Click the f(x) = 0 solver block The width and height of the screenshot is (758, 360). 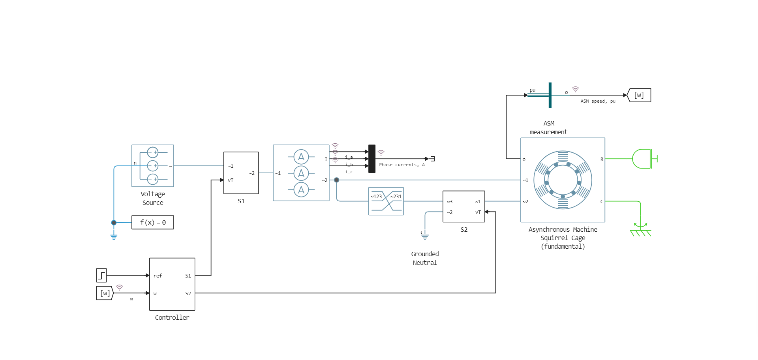[x=152, y=222]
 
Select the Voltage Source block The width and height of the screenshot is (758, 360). [x=152, y=166]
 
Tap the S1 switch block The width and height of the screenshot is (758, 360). [x=241, y=173]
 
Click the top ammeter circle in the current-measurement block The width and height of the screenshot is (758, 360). [x=301, y=157]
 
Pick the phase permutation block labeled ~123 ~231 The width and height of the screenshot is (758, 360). [x=386, y=201]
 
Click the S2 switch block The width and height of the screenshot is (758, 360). [x=463, y=206]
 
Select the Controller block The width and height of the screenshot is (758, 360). [x=172, y=284]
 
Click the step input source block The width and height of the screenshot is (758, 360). [x=101, y=275]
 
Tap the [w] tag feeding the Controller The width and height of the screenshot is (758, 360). [x=105, y=293]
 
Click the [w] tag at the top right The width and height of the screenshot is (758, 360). [x=639, y=95]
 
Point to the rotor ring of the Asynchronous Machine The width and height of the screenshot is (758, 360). [x=563, y=180]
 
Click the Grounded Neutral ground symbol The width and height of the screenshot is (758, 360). [x=425, y=237]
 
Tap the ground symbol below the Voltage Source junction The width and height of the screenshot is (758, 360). [x=114, y=237]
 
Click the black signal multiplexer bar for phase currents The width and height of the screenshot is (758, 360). [x=372, y=159]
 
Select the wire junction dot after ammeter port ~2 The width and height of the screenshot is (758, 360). [x=336, y=180]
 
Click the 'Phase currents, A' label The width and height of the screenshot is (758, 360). [x=402, y=165]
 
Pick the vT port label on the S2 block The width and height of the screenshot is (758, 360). [x=478, y=212]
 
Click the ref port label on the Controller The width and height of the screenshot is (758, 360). [x=158, y=276]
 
